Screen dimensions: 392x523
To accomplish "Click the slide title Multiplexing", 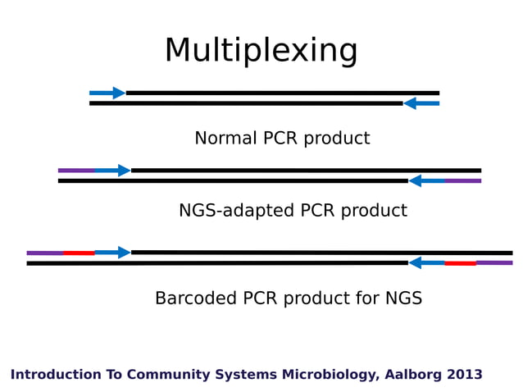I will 261,51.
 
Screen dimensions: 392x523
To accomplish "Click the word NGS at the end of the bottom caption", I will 403,299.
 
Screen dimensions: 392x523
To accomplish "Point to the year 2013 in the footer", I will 465,375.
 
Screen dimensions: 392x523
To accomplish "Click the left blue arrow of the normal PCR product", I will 107,93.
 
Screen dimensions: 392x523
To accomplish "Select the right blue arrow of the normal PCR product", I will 421,103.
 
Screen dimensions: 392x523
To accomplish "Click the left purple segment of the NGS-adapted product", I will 76,171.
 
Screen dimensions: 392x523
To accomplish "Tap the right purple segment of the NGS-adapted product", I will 463,180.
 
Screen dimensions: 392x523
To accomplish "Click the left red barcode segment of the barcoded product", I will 79,253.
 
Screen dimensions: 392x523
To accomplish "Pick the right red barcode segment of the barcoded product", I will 460,263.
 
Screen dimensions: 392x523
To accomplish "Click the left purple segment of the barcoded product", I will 45,253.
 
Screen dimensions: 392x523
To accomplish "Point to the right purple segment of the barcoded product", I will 494,263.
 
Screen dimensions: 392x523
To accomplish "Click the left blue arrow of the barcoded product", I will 112,253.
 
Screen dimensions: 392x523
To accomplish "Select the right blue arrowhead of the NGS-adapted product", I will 416,180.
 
